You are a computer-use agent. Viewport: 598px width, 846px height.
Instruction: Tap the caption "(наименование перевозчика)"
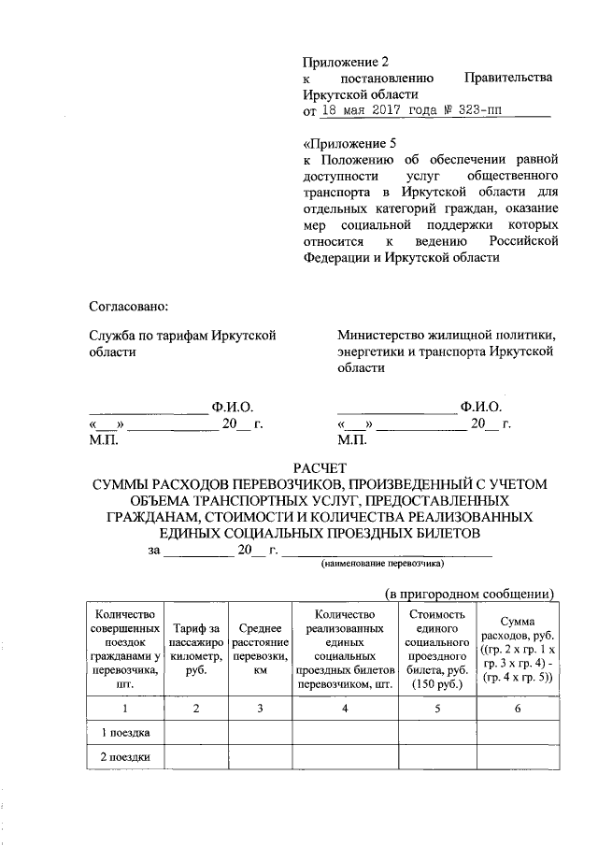(x=381, y=566)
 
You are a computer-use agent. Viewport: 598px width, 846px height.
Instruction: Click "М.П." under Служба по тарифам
(x=102, y=438)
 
